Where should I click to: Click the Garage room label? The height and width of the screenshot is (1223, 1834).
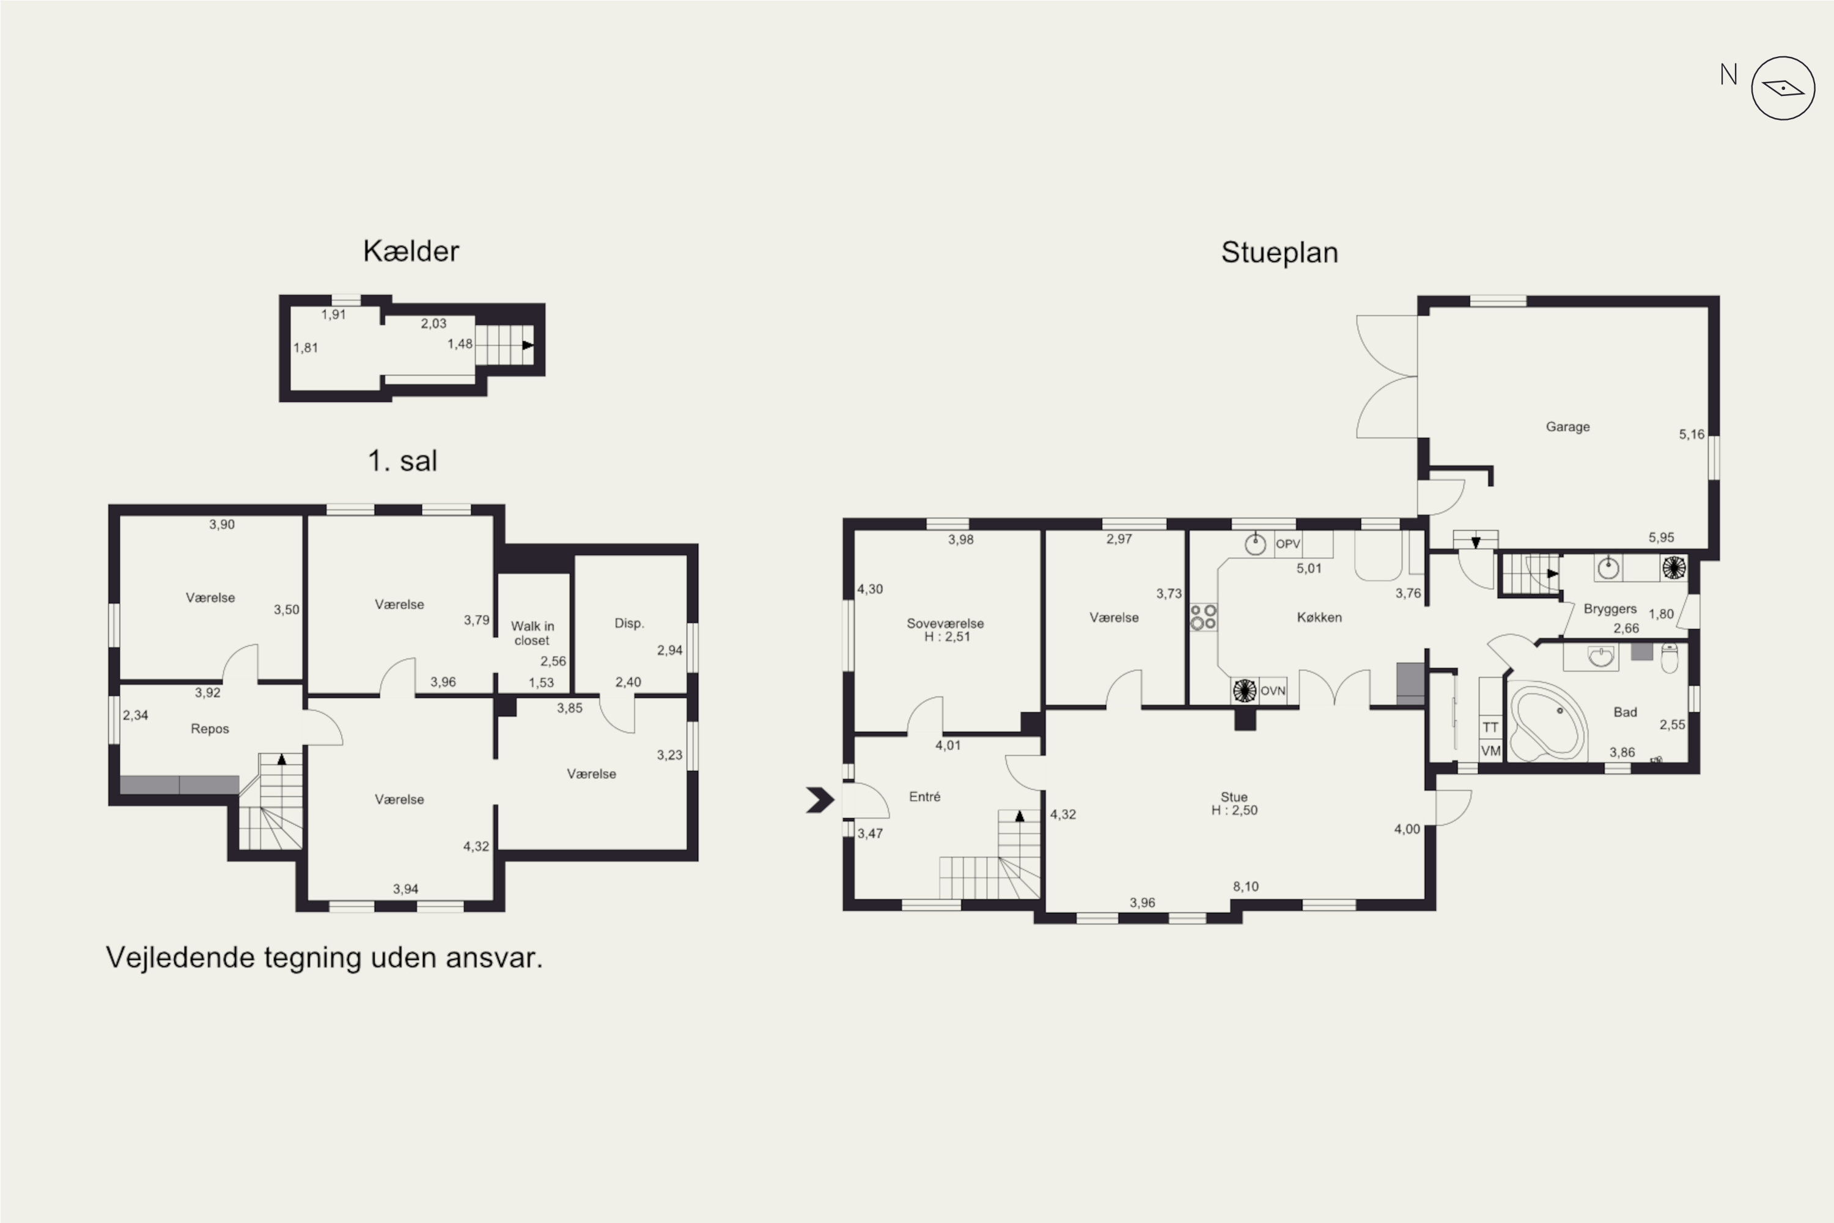click(1567, 427)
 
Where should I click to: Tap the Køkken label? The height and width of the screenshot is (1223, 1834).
click(1319, 617)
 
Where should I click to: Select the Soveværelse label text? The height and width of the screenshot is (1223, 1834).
click(945, 623)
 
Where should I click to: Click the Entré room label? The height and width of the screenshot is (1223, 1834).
click(925, 796)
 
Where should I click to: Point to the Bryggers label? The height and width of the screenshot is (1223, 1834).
click(1610, 609)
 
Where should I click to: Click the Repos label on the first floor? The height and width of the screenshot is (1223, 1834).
click(210, 728)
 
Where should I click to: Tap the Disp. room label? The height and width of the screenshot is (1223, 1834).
click(629, 623)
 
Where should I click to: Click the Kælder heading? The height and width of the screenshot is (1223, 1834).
click(411, 251)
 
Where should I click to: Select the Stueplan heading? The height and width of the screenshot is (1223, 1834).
click(1280, 253)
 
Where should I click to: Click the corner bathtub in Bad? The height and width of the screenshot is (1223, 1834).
click(1548, 720)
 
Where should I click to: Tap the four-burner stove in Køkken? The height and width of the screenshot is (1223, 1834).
click(1203, 617)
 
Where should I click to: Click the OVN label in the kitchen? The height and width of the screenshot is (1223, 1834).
click(1273, 691)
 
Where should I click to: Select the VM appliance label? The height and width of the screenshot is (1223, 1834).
click(1491, 751)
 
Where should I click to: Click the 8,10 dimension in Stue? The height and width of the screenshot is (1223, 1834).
click(1246, 886)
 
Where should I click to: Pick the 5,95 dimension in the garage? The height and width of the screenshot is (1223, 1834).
click(1661, 538)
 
